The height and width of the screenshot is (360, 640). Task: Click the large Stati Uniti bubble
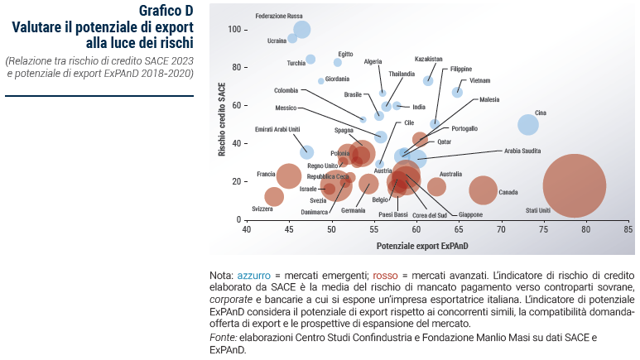(574, 186)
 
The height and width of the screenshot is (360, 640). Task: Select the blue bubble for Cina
(528, 125)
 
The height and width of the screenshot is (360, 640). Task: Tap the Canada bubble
(483, 190)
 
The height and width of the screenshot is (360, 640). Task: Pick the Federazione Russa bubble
(301, 29)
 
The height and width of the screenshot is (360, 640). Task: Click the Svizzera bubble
(274, 197)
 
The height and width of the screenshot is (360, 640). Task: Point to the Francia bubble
(288, 175)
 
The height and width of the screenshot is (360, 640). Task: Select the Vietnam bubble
(457, 92)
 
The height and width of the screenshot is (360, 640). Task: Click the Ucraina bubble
(292, 38)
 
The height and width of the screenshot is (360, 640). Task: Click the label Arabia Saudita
(522, 151)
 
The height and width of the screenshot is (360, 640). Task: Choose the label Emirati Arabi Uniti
(277, 129)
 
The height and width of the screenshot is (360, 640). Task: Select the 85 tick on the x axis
(628, 229)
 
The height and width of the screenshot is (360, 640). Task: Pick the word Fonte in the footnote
(223, 338)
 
